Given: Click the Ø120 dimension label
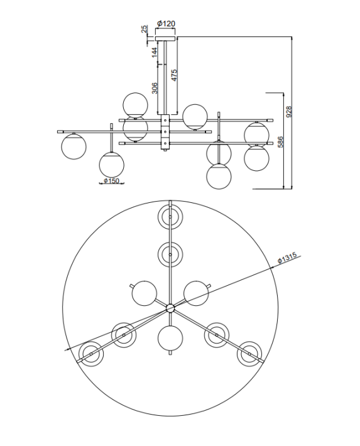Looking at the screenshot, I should [x=166, y=24].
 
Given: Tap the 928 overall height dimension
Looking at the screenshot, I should [x=289, y=111].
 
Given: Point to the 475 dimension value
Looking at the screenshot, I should [x=174, y=75].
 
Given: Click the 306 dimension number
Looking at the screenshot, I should [x=154, y=90].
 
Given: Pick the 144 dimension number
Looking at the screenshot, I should [x=154, y=53].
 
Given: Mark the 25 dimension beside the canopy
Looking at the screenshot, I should [x=144, y=30].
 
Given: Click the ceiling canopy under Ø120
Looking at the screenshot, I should [x=165, y=35].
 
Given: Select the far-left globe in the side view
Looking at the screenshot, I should [x=74, y=146].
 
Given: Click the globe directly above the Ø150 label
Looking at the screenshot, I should [x=111, y=165].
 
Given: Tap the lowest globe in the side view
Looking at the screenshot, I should [x=219, y=175].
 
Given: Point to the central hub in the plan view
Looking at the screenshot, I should [x=170, y=308].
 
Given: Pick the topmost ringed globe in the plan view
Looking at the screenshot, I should [x=170, y=217].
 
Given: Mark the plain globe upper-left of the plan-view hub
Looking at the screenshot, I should [x=144, y=293].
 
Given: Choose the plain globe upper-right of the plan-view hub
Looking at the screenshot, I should [x=196, y=293].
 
